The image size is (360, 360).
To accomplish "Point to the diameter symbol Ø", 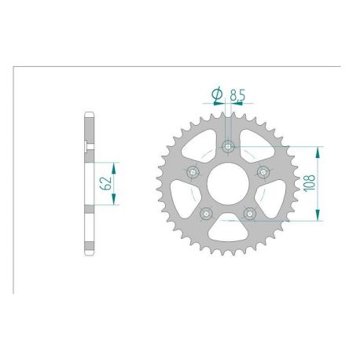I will (x=216, y=95).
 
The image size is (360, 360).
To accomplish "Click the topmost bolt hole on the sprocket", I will (x=228, y=147).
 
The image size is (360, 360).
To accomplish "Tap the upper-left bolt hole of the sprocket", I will (x=193, y=172).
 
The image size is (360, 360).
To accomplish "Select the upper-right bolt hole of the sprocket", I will (x=263, y=172).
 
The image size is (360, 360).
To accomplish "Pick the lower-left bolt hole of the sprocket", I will (x=206, y=212).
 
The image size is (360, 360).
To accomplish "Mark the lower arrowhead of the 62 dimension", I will (x=115, y=202).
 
